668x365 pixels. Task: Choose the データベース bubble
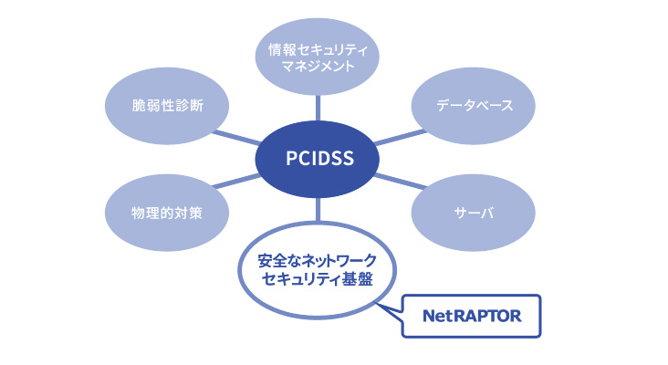click(474, 105)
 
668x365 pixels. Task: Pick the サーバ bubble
click(474, 213)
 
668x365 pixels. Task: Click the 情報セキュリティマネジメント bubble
click(318, 57)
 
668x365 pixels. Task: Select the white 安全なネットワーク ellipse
click(318, 271)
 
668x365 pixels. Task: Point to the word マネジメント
click(318, 68)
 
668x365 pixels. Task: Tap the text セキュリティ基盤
click(318, 281)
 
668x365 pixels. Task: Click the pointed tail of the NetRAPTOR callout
click(392, 308)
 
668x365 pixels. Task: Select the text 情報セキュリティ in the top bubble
click(318, 47)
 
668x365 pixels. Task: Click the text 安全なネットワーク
click(318, 260)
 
